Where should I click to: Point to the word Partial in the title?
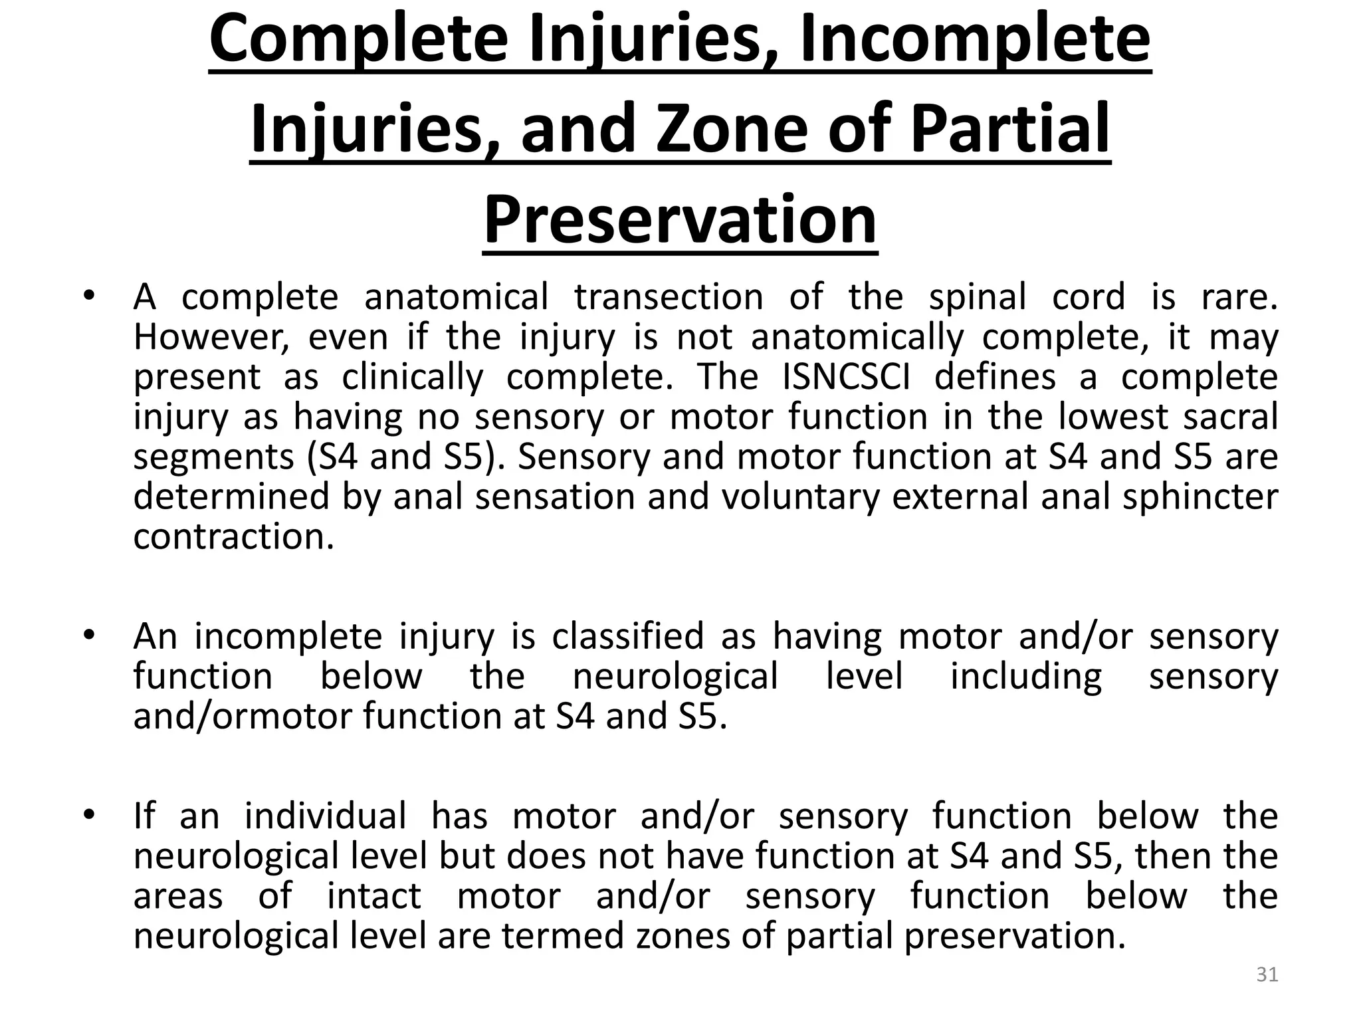(1010, 128)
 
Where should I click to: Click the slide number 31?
(1267, 974)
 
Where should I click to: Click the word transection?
(669, 296)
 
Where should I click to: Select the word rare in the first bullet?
(1239, 296)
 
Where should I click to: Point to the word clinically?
(413, 377)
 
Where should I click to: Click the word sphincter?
(1200, 497)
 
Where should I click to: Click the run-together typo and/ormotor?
(242, 716)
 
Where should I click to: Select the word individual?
(325, 816)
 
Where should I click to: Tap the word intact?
(374, 895)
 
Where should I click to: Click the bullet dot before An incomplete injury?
(88, 634)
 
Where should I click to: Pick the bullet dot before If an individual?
(88, 814)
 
